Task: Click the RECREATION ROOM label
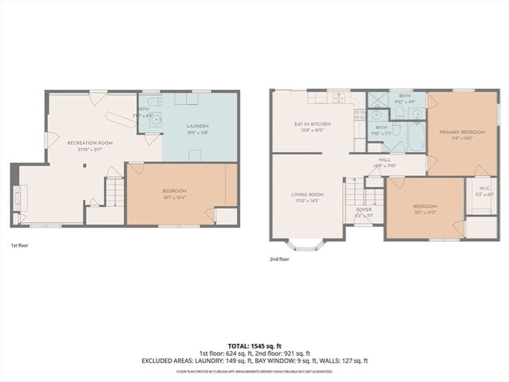coord(90,143)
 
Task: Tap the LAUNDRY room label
coord(197,127)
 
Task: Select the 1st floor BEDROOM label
coord(174,191)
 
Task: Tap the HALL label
coord(384,160)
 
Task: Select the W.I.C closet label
coord(481,190)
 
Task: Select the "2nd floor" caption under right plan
coord(281,259)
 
